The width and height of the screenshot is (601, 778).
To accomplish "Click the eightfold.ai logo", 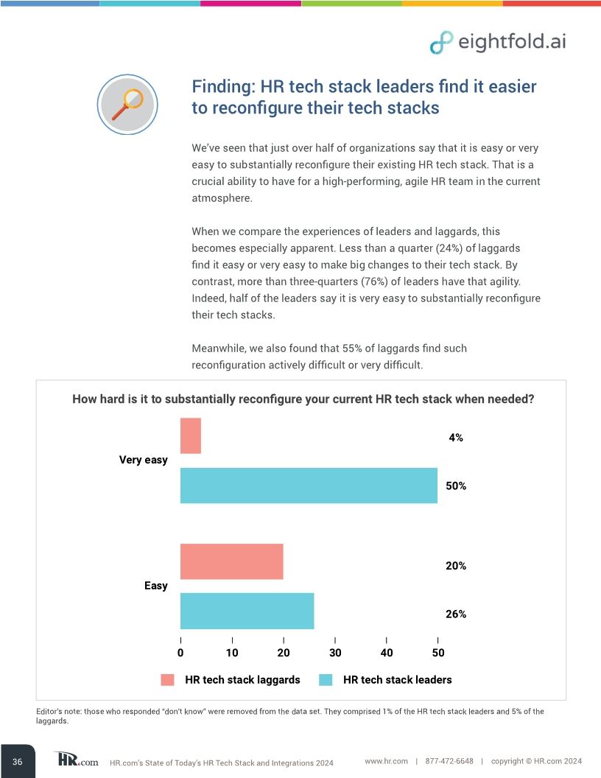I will click(x=498, y=42).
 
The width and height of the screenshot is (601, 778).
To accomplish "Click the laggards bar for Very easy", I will click(x=191, y=435).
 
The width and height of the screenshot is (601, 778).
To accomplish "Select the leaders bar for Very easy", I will click(x=309, y=486).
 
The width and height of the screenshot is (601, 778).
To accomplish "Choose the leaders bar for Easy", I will click(x=247, y=611).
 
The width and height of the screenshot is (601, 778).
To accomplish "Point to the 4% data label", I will click(x=456, y=438).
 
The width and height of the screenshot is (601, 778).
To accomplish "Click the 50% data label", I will click(x=456, y=486).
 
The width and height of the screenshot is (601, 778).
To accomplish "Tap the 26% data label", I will click(x=456, y=614).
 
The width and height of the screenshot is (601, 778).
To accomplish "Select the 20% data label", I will click(x=456, y=566).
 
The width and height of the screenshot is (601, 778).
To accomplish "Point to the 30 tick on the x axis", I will click(x=334, y=653).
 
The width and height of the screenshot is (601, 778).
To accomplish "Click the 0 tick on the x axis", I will click(x=180, y=653).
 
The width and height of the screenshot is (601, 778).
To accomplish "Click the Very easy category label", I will click(x=144, y=460).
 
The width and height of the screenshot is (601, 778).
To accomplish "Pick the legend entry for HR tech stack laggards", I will click(x=231, y=679).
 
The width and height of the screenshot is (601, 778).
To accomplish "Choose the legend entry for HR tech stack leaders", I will click(x=386, y=679).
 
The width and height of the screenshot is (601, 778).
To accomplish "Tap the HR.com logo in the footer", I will click(x=76, y=760).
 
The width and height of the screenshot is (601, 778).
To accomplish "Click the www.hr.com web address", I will click(x=387, y=760).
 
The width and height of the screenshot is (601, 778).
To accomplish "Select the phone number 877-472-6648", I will click(x=449, y=760).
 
